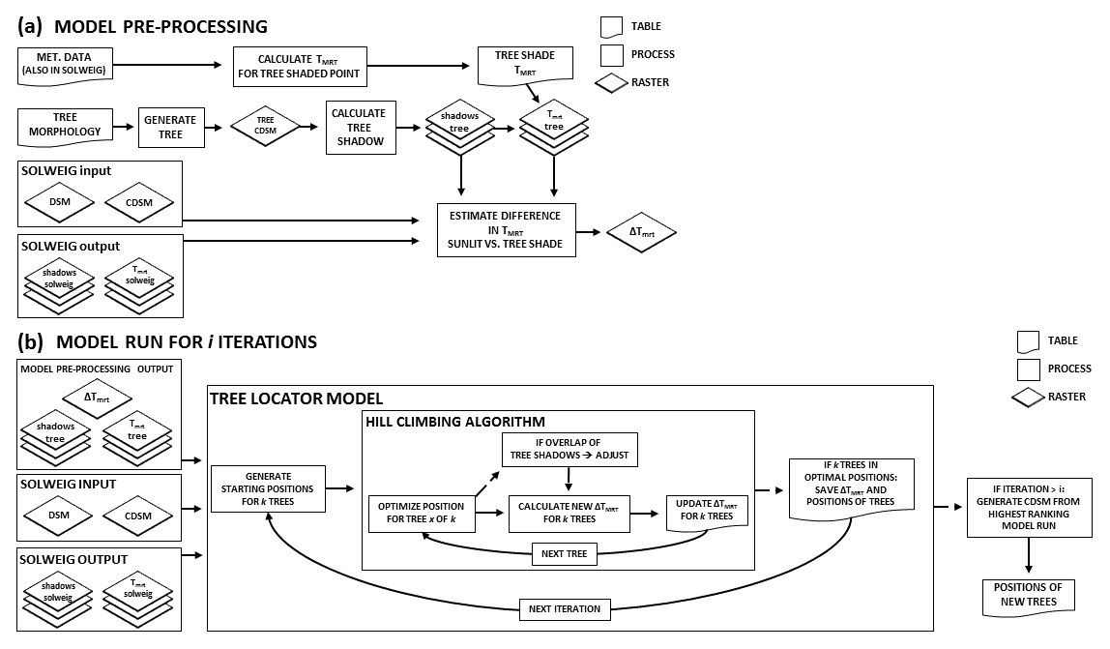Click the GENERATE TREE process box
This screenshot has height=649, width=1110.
[170, 128]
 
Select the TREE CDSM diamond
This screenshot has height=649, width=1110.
[265, 127]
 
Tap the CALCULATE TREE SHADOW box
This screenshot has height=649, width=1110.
[359, 128]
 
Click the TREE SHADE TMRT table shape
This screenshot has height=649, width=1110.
[525, 63]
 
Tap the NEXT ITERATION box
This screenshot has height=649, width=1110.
[565, 609]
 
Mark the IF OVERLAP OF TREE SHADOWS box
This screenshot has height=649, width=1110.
[570, 450]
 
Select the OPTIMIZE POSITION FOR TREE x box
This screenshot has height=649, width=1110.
[419, 513]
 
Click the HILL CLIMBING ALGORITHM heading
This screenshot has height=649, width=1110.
[454, 422]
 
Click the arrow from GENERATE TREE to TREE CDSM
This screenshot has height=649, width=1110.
[217, 127]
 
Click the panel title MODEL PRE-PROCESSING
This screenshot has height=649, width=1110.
[161, 26]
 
